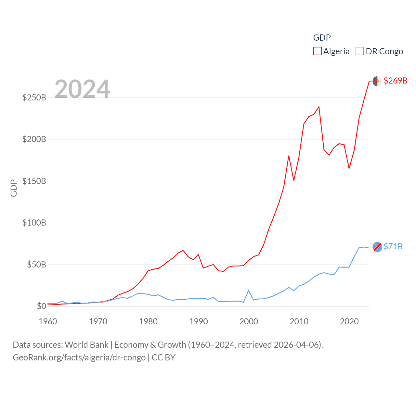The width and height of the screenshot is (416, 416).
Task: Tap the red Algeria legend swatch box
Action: (317, 51)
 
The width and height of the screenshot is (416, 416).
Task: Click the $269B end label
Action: (395, 81)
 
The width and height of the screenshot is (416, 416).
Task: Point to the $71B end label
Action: (393, 246)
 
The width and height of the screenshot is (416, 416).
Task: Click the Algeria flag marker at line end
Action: (377, 81)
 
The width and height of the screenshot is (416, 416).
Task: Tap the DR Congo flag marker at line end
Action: (377, 247)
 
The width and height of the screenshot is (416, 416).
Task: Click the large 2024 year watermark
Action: (82, 89)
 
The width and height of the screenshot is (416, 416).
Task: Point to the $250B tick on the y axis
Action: (34, 97)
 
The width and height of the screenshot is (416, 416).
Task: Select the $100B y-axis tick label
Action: (34, 223)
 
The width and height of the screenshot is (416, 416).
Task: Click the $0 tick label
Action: (41, 306)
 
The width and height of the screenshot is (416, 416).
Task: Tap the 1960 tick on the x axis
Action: (48, 321)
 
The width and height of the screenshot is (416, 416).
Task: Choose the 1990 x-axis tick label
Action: (199, 321)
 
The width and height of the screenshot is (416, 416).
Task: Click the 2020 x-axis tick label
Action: (349, 321)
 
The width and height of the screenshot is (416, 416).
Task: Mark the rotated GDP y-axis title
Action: (14, 188)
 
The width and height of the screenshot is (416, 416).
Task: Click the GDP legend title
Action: (322, 38)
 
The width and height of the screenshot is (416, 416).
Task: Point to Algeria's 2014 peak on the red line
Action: (319, 107)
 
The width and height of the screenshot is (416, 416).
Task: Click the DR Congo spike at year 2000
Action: (249, 290)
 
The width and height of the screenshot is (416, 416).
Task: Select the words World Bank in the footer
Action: (86, 344)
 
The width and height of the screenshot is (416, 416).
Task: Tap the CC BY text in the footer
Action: (163, 357)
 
